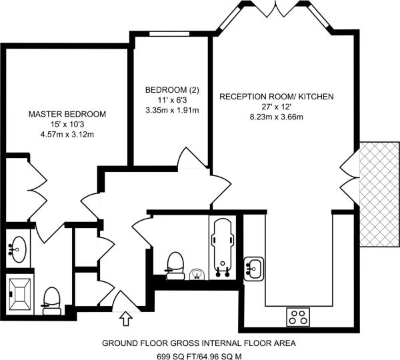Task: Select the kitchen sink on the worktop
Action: (x=255, y=267)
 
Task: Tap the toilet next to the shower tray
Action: (x=51, y=301)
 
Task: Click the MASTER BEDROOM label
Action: (x=67, y=114)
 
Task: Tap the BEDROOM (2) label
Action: (x=172, y=89)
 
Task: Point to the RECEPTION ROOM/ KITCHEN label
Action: (x=277, y=97)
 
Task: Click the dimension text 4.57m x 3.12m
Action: (x=67, y=135)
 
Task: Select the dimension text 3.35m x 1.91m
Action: (x=172, y=110)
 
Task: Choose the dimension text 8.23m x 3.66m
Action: (x=277, y=117)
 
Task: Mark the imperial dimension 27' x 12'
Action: (x=277, y=107)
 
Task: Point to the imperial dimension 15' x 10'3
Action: (x=67, y=125)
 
